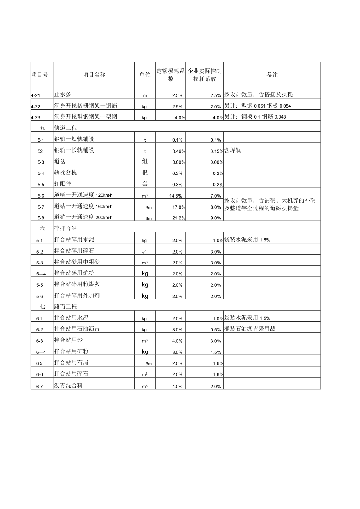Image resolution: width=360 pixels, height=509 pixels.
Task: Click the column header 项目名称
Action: point(94,75)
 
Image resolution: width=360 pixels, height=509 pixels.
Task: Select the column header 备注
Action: point(272,75)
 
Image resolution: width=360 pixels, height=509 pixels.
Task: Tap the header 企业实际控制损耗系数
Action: point(205,75)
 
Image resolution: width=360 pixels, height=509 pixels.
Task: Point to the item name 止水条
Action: point(63,94)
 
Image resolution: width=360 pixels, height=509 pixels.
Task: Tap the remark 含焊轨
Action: point(233,151)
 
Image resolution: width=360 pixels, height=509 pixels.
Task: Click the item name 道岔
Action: point(59,162)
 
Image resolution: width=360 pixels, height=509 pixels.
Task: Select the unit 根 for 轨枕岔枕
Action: point(145,173)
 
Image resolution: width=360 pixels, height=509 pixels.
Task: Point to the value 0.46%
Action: point(178,151)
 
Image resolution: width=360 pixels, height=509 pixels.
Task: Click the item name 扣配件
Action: point(63,183)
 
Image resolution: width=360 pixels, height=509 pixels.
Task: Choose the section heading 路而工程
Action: point(65,307)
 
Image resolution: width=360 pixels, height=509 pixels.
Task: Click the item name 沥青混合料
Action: point(68,385)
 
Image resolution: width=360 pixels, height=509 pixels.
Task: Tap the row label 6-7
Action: point(40,387)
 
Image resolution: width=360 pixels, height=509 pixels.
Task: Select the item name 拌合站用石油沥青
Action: point(77,329)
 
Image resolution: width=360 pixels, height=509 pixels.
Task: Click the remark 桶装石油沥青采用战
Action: point(250,329)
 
